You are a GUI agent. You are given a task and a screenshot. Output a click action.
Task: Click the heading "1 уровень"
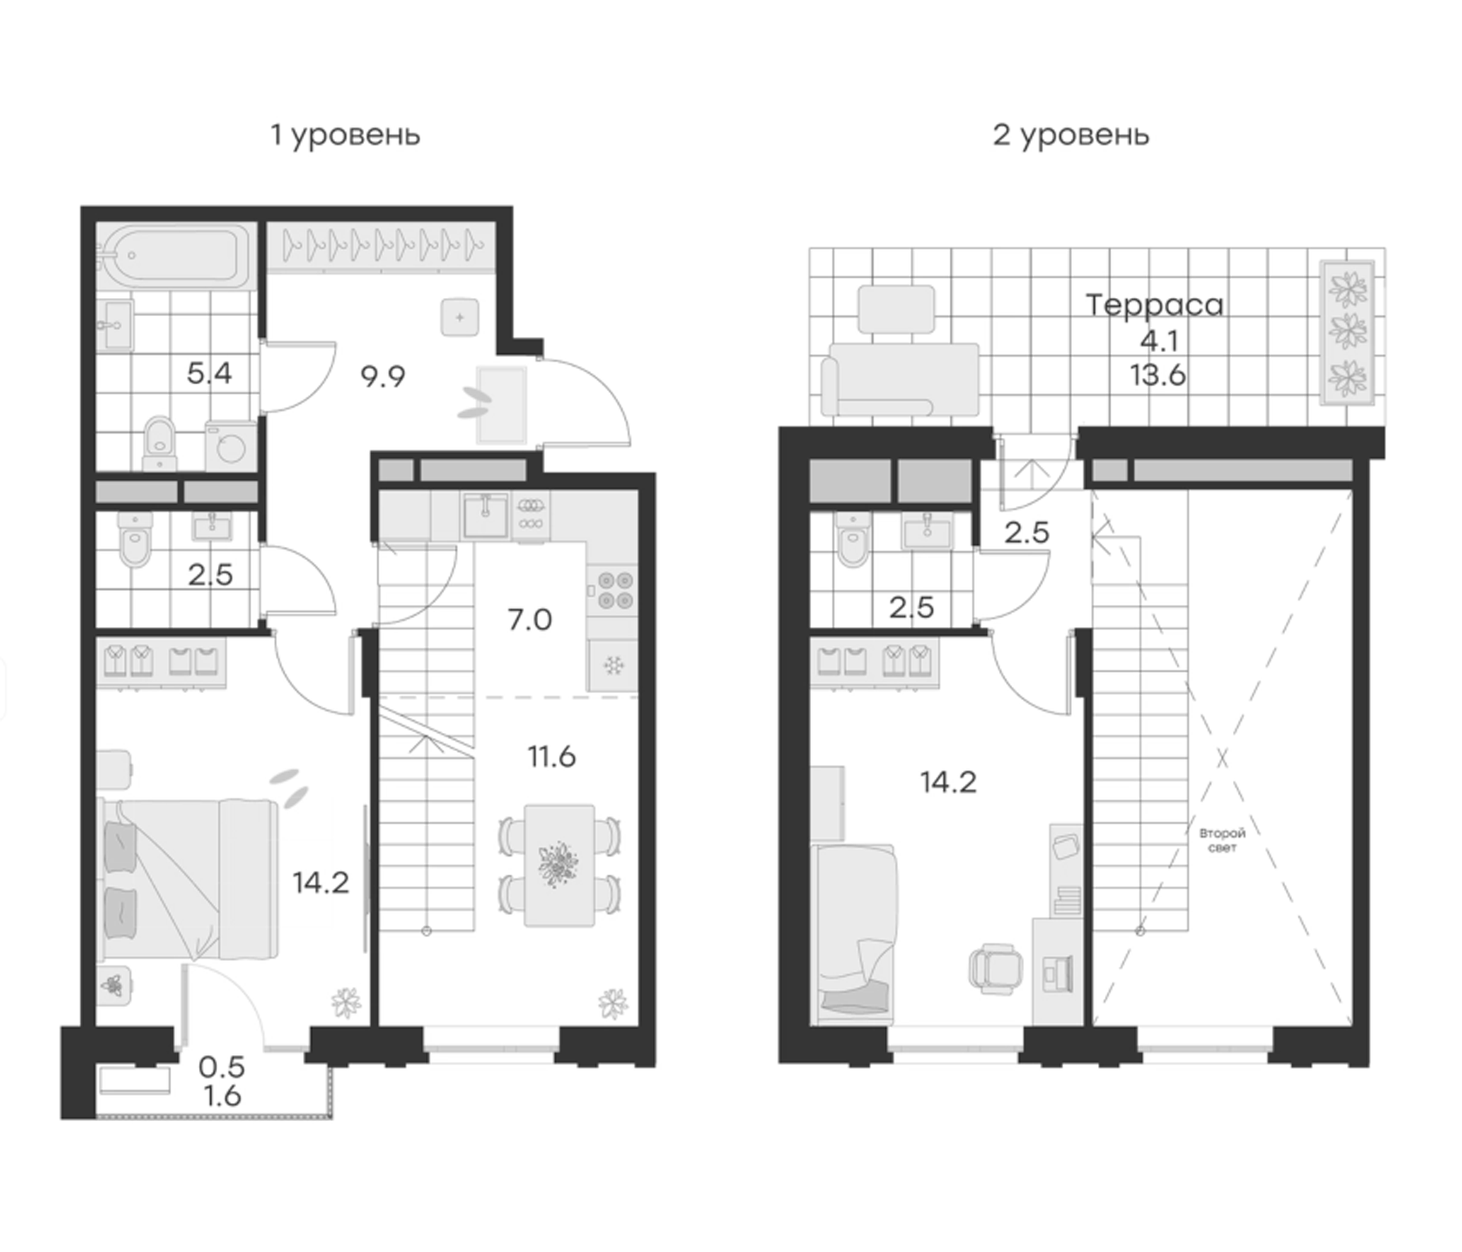click(x=346, y=135)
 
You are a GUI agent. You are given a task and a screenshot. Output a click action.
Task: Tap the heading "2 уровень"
click(x=1071, y=135)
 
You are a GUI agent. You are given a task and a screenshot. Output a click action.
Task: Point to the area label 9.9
click(x=383, y=377)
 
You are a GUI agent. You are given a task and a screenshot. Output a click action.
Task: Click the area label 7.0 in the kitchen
click(x=529, y=620)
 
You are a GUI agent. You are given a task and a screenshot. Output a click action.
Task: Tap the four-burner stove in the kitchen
click(x=613, y=590)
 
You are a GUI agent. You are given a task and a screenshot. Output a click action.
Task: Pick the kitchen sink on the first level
click(x=485, y=514)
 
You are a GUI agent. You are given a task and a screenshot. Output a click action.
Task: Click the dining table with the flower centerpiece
click(x=559, y=865)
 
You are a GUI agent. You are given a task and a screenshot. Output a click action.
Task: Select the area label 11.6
click(x=552, y=757)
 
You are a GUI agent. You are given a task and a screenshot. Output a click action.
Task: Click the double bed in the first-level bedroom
click(x=188, y=878)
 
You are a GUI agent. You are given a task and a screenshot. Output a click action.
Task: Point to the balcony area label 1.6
click(x=220, y=1097)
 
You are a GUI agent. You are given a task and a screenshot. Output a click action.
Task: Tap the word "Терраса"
click(x=1154, y=305)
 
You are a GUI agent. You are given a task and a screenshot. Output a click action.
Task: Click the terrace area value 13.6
click(x=1158, y=375)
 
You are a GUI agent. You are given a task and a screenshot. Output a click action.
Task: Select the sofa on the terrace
click(x=900, y=379)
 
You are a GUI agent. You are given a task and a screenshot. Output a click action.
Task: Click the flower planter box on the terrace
click(x=1347, y=332)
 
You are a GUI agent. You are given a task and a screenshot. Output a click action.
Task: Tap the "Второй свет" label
click(x=1222, y=840)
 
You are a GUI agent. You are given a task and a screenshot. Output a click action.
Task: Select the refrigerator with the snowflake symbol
click(x=613, y=665)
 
